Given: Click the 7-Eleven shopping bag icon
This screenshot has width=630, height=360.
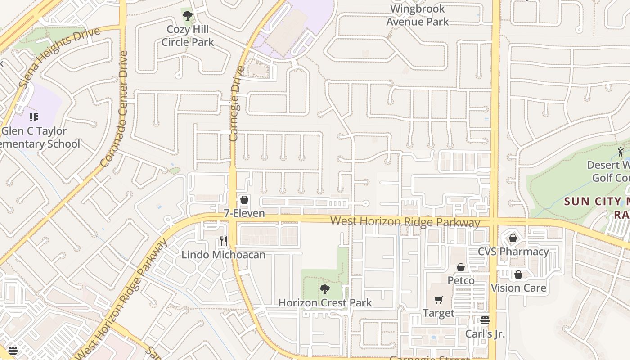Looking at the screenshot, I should [x=244, y=199].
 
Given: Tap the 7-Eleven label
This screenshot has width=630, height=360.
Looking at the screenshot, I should [x=244, y=213].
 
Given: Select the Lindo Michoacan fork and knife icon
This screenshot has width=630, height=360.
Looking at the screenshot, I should [x=223, y=241].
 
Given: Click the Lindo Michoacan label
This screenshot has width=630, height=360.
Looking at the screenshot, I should [x=223, y=255].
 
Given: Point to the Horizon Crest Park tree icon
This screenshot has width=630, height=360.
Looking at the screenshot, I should [x=325, y=289].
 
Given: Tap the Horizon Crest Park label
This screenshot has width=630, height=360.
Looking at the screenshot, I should [x=325, y=302].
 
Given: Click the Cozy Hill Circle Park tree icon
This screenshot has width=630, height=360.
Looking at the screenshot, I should [x=188, y=16].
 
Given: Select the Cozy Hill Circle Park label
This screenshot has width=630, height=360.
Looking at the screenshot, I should [x=188, y=36].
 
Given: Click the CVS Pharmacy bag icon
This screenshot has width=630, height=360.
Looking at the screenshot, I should [x=513, y=238].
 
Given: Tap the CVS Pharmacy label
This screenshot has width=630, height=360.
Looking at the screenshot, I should [x=513, y=252].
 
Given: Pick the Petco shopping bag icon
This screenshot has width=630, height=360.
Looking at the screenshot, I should [x=461, y=267].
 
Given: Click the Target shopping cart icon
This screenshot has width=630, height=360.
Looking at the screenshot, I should [x=439, y=300].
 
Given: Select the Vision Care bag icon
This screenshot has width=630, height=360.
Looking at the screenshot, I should [x=518, y=274].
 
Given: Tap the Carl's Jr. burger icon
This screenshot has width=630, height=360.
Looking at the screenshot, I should [x=485, y=320].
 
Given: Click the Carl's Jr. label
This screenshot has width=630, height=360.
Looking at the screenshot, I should [x=485, y=334].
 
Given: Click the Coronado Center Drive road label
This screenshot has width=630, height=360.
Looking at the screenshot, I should [x=115, y=109].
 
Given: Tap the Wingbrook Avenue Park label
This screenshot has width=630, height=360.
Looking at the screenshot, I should [x=418, y=15].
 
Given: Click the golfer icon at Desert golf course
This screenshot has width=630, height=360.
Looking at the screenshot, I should [x=621, y=152].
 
